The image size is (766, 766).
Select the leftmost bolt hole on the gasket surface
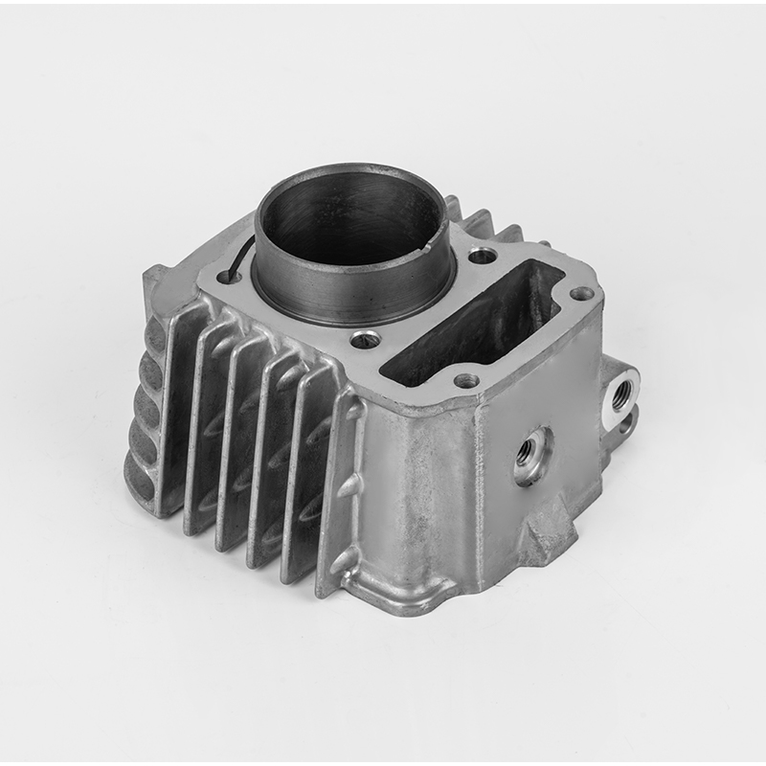(227, 278)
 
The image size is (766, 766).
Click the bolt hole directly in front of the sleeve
(363, 338)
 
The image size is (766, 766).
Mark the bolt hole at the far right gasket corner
(580, 293)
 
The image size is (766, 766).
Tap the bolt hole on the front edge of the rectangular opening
(466, 380)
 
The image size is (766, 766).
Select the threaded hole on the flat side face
(529, 450)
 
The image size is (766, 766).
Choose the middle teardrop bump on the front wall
(350, 486)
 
